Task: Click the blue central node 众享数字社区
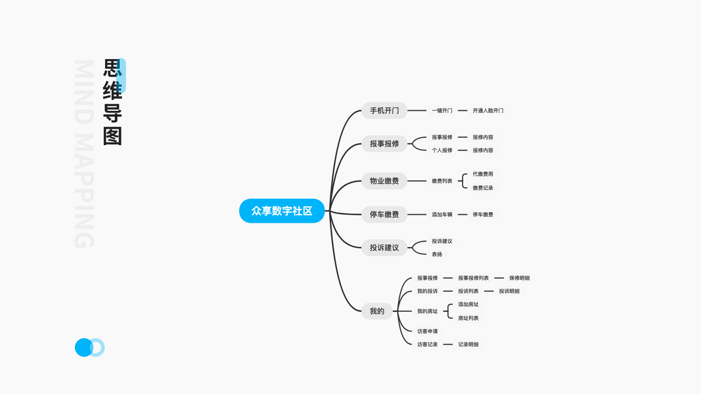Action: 282,211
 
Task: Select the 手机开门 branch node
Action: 384,110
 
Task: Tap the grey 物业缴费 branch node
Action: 384,181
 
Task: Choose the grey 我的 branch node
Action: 377,311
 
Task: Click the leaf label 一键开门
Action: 441,110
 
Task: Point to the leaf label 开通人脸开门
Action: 487,110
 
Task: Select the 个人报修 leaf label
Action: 441,150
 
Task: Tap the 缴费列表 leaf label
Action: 441,181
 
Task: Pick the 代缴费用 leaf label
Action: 483,174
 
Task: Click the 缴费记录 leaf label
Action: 483,188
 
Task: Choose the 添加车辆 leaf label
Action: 441,214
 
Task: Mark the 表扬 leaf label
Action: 437,254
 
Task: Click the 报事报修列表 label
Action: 473,278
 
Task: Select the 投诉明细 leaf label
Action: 509,291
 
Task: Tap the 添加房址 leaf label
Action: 468,304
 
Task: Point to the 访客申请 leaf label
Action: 427,331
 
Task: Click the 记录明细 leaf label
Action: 468,344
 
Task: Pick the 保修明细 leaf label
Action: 519,278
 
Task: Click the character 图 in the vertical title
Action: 112,136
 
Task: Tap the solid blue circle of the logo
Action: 83,347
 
